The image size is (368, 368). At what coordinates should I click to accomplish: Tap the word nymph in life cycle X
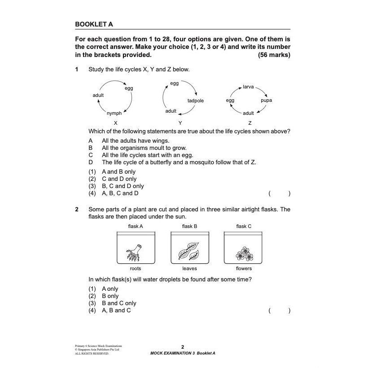[114, 114]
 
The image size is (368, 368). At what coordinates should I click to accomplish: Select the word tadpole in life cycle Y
[195, 101]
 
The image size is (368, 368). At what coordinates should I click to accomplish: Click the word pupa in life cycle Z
[266, 101]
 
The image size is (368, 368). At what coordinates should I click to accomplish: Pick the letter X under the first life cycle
[116, 123]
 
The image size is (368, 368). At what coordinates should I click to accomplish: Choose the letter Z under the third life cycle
[250, 123]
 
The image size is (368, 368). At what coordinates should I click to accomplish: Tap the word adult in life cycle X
[98, 95]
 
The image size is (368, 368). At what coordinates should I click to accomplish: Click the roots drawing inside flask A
[135, 252]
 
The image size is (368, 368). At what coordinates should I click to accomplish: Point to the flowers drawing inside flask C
[244, 254]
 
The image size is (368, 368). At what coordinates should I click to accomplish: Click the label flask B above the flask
[189, 226]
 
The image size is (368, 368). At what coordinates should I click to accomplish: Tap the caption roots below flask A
[135, 269]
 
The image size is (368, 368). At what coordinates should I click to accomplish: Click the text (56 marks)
[274, 55]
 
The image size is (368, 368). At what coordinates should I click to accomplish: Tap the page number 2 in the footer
[183, 347]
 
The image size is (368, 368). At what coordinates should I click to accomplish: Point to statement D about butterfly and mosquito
[179, 162]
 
